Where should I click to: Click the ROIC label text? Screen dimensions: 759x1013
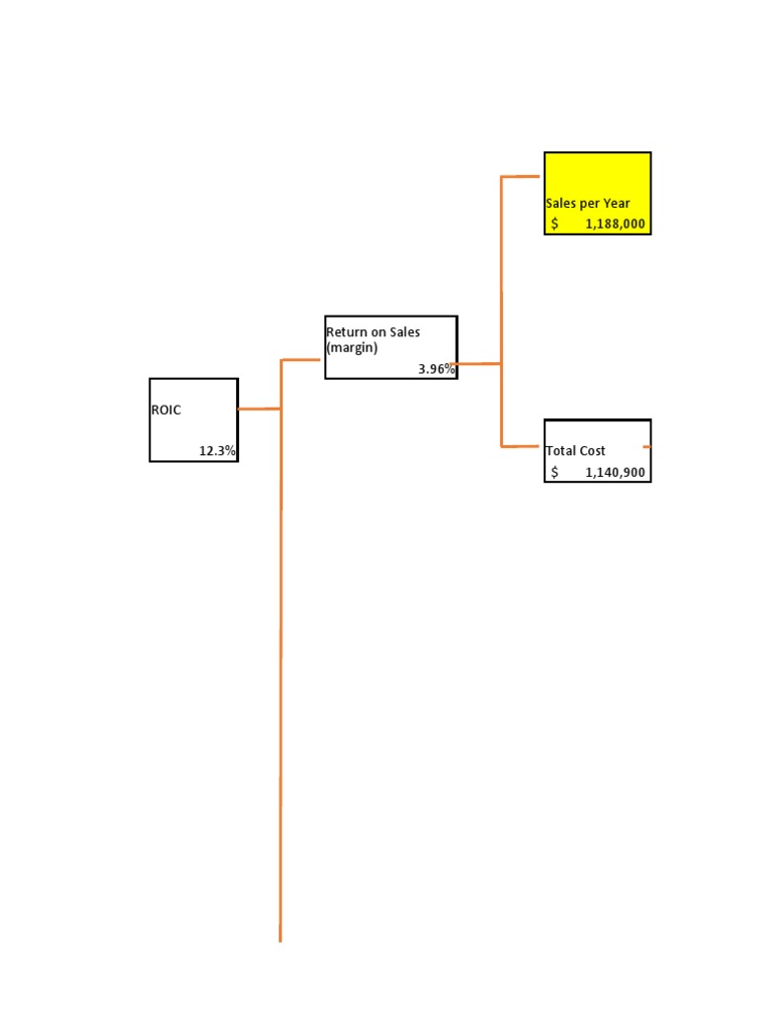(166, 410)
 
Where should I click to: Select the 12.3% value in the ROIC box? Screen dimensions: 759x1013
(217, 451)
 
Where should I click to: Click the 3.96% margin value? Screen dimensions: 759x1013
(436, 369)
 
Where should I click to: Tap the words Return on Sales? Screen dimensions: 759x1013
(373, 332)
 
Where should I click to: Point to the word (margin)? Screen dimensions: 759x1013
(352, 348)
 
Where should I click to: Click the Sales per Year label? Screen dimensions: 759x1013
(587, 204)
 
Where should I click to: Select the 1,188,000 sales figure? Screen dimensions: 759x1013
(615, 225)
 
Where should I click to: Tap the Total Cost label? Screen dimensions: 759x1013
(575, 451)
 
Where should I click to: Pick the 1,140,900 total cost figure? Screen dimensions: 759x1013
(615, 473)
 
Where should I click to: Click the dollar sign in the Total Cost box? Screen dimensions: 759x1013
(554, 473)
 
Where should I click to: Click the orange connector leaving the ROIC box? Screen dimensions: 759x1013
(259, 409)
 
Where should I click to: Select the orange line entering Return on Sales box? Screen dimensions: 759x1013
(302, 360)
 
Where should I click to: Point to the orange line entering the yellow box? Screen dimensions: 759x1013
(522, 177)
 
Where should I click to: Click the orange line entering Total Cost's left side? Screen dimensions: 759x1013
(522, 446)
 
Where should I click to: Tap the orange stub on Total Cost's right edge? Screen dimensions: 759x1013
(647, 447)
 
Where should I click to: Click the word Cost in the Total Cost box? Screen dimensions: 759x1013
(593, 451)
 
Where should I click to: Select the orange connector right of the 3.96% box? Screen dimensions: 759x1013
(479, 364)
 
